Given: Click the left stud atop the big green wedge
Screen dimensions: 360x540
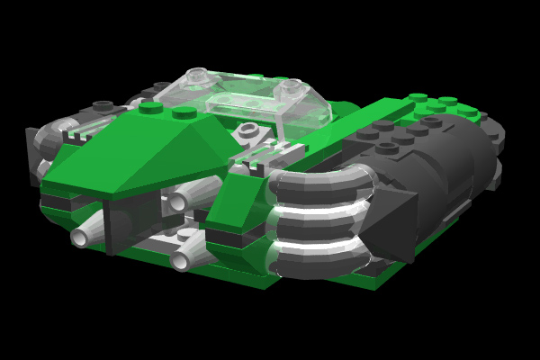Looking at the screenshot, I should tap(150, 109).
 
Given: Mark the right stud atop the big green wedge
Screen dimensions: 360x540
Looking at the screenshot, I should tap(184, 112).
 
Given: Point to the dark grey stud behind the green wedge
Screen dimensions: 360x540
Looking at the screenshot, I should tap(106, 106).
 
